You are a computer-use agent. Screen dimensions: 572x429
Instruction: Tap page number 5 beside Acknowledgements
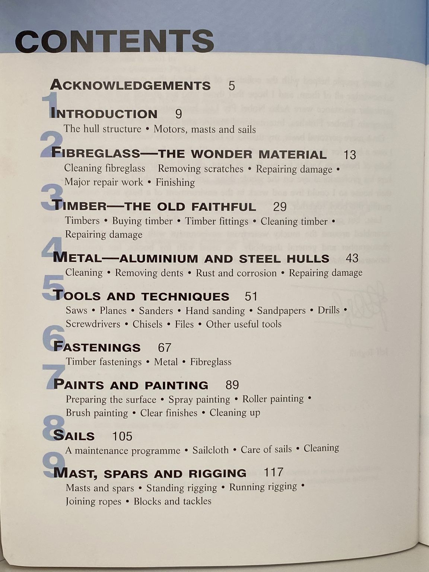click(x=232, y=86)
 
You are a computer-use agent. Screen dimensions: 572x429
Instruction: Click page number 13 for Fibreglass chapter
click(x=350, y=155)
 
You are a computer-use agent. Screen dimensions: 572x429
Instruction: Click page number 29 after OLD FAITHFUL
click(x=280, y=207)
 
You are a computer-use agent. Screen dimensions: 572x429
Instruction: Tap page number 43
click(x=352, y=258)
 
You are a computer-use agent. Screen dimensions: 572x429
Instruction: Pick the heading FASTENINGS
click(x=97, y=347)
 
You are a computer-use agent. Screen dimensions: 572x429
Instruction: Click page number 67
click(x=165, y=347)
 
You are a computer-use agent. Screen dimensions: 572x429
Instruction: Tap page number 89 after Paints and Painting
click(x=232, y=385)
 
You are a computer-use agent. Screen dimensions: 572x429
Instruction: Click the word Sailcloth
click(x=210, y=450)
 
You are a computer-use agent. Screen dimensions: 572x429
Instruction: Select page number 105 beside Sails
click(x=122, y=436)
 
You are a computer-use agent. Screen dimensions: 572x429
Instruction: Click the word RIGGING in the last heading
click(x=217, y=473)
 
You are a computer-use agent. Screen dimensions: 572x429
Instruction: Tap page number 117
click(x=274, y=472)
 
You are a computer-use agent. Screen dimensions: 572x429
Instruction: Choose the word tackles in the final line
click(x=197, y=501)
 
